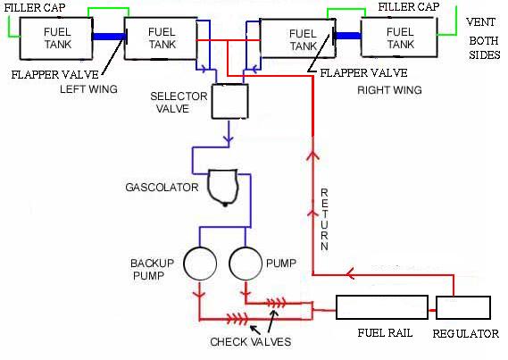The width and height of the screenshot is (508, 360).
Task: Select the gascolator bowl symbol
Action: pyautogui.click(x=223, y=188)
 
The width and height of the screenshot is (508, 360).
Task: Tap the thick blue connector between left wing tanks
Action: pyautogui.click(x=109, y=37)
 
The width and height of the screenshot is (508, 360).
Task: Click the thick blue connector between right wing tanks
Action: pyautogui.click(x=348, y=36)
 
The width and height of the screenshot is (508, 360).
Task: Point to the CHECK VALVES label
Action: pyautogui.click(x=251, y=341)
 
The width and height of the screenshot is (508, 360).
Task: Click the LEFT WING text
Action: pyautogui.click(x=88, y=88)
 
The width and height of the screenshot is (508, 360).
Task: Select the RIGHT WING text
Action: pyautogui.click(x=389, y=89)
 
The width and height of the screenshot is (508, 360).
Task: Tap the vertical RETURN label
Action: pyautogui.click(x=324, y=220)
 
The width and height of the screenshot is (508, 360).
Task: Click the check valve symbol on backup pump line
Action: pyautogui.click(x=237, y=319)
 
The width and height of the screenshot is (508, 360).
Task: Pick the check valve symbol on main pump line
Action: pyautogui.click(x=276, y=303)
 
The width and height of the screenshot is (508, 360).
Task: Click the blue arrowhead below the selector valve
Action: pyautogui.click(x=229, y=138)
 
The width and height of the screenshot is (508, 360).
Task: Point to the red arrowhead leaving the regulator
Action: pyautogui.click(x=350, y=274)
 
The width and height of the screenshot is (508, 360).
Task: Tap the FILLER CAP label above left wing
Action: pyautogui.click(x=35, y=7)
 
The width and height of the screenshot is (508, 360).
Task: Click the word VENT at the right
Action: pyautogui.click(x=480, y=22)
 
